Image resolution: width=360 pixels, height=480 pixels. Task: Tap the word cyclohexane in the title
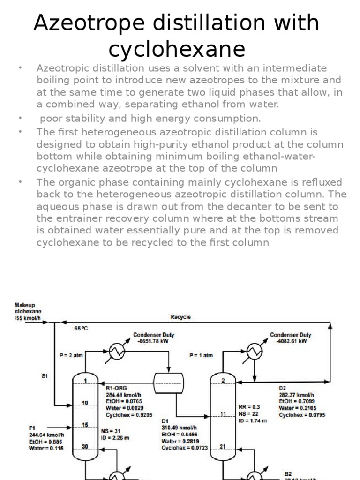pos(177,49)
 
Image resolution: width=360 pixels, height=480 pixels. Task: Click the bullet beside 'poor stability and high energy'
pos(20,116)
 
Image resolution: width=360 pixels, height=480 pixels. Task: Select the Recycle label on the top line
pos(180,317)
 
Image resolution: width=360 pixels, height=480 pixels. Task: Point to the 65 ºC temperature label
pos(81,329)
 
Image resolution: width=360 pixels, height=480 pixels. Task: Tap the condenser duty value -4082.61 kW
pos(289,342)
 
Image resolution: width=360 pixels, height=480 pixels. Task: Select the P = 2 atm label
pos(72,355)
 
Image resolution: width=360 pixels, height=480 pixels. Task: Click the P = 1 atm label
pos(201,355)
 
